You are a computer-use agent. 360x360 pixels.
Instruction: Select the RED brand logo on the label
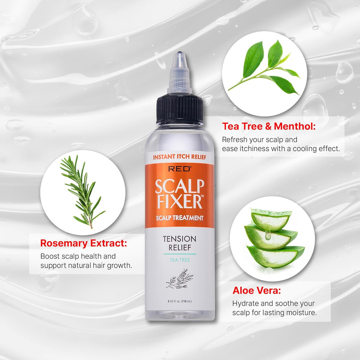pyautogui.click(x=180, y=169)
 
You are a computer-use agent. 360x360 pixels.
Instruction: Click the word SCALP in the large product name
pyautogui.click(x=180, y=186)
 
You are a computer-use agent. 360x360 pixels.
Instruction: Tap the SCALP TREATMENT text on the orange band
pyautogui.click(x=180, y=218)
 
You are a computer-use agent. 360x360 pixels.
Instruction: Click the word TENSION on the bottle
pyautogui.click(x=180, y=239)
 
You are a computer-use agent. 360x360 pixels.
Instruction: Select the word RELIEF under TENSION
pyautogui.click(x=180, y=248)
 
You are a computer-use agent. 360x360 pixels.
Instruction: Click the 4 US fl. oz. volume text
pyautogui.click(x=180, y=301)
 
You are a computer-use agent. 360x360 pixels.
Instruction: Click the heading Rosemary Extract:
pyautogui.click(x=84, y=243)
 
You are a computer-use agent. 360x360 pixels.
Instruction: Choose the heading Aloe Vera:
pyautogui.click(x=256, y=290)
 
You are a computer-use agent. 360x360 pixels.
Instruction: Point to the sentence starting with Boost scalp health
pyautogui.click(x=86, y=261)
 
